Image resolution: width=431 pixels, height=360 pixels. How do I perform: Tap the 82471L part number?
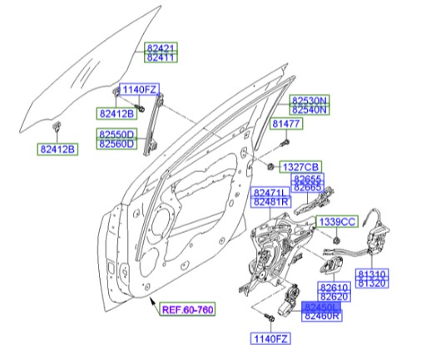coord(270,191)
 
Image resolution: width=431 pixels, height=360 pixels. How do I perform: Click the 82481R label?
coord(270,202)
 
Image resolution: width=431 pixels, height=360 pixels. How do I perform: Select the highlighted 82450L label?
coord(322,307)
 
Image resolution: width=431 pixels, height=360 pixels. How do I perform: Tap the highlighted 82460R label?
coord(322,318)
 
